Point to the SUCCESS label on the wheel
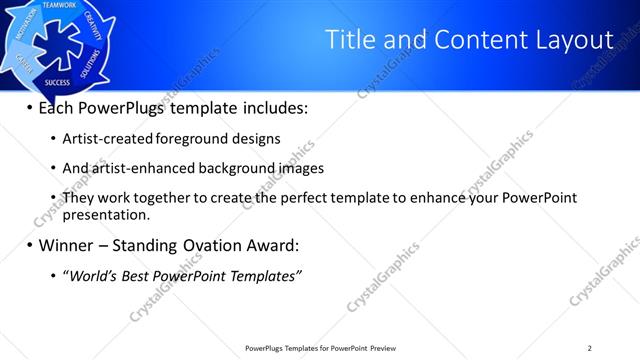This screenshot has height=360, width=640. [57, 83]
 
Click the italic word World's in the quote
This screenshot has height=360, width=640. [91, 275]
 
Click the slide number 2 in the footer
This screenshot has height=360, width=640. [589, 348]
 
